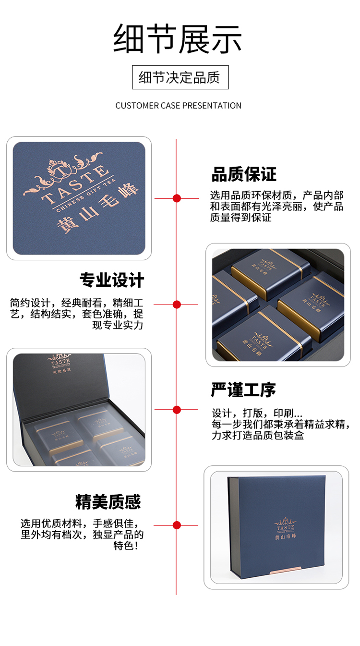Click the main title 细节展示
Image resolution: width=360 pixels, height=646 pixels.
pos(177,39)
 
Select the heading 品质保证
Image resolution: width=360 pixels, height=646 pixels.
pos(244,174)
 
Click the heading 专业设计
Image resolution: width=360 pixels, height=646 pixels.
pos(112,280)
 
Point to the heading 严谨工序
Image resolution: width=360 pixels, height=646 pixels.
pos(243,390)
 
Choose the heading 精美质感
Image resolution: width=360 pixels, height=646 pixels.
pos(108,502)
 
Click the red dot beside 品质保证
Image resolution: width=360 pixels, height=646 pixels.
pos(177,198)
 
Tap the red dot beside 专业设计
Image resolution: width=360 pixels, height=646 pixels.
pos(177,304)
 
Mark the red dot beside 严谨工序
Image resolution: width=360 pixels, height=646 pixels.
pos(177,410)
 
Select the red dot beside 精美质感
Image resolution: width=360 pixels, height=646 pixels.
pos(177,525)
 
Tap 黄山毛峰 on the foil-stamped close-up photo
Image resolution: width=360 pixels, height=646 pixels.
pos(97,208)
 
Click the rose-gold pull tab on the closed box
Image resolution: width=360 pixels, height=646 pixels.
pos(285,570)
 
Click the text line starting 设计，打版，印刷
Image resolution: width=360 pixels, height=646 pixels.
pos(257,413)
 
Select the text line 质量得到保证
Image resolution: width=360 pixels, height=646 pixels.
pos(240,217)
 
